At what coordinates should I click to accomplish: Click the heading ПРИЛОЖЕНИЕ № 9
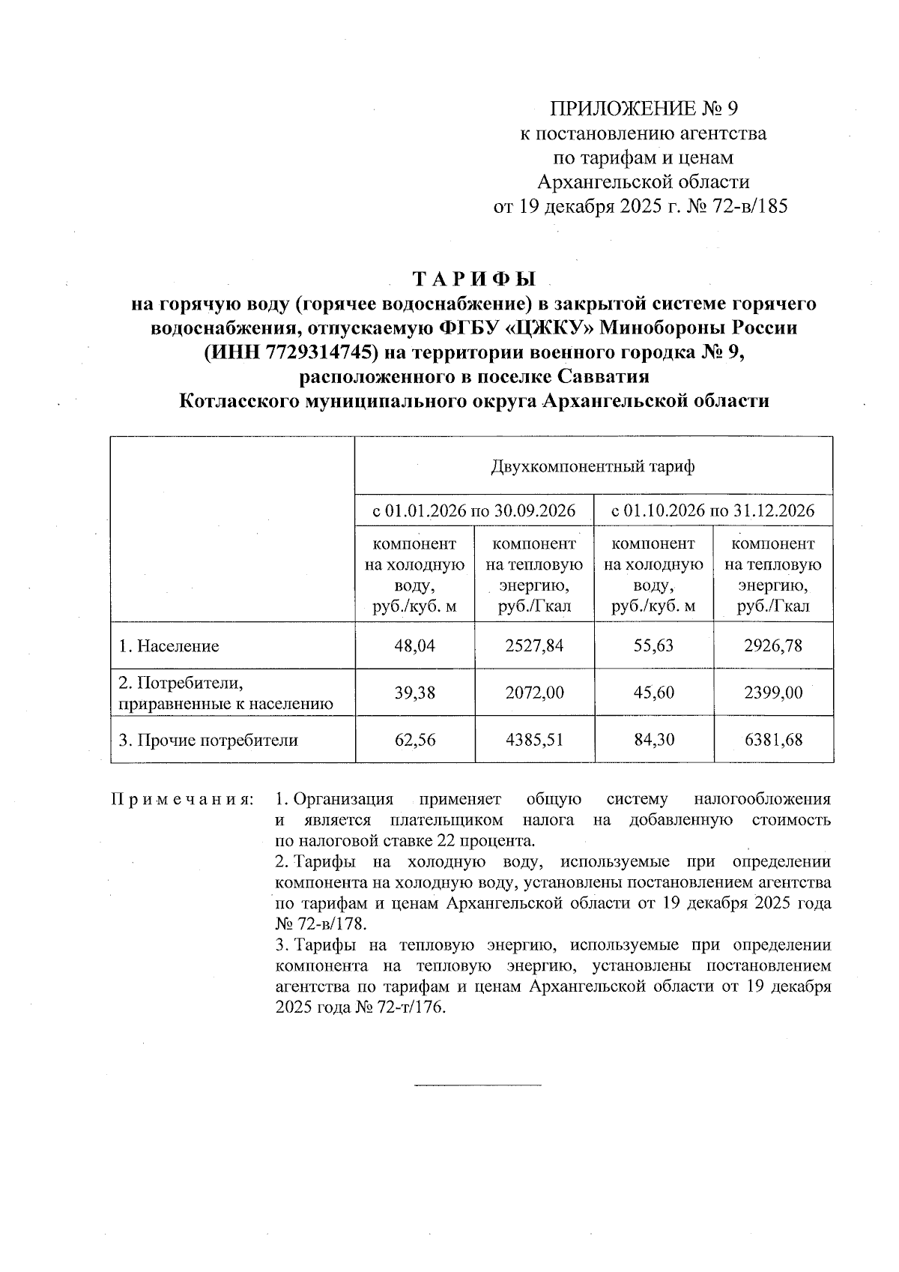(x=644, y=109)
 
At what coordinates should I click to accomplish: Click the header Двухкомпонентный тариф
(x=593, y=467)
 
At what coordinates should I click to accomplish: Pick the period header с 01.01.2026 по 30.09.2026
(x=474, y=511)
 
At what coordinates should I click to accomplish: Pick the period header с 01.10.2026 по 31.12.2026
(x=712, y=511)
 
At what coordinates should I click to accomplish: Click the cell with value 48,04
(x=414, y=645)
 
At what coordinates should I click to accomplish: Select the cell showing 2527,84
(x=534, y=645)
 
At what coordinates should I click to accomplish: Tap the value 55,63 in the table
(x=653, y=645)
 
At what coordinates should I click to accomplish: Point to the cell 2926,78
(x=772, y=645)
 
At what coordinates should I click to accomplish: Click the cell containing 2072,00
(x=534, y=693)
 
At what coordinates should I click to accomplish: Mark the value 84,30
(x=653, y=741)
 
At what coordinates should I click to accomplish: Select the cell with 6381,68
(x=772, y=741)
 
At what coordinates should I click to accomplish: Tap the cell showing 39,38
(x=414, y=693)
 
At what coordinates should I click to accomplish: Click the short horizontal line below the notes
(x=477, y=1085)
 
